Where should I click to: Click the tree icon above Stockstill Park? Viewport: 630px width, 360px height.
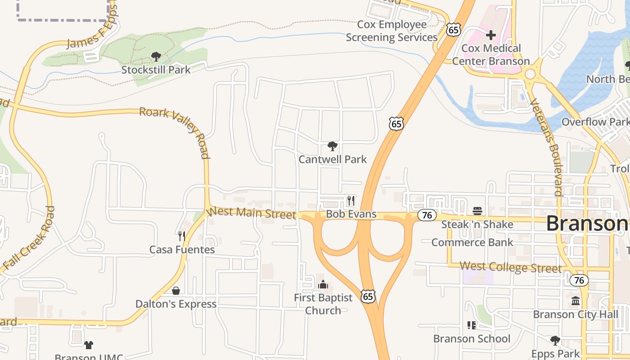(156, 57)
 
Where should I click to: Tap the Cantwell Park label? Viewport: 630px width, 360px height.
(333, 159)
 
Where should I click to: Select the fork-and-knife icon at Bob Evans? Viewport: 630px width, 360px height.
(351, 200)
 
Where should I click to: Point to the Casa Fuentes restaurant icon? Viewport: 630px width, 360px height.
(182, 236)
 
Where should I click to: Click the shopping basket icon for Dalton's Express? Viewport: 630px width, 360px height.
(176, 291)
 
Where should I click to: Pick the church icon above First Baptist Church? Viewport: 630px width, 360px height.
(323, 284)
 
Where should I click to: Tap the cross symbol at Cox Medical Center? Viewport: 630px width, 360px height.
(491, 35)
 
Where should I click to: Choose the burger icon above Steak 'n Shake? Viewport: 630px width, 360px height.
(477, 211)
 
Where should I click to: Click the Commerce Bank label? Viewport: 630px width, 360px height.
(472, 243)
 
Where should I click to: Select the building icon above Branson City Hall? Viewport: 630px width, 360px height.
(576, 301)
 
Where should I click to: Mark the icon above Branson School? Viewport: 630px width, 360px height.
(472, 325)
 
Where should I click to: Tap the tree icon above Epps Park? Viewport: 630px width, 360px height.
(555, 340)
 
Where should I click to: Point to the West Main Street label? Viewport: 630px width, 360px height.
(251, 212)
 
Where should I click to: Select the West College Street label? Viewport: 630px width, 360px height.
(511, 267)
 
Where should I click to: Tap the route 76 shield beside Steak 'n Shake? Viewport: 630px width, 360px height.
(427, 215)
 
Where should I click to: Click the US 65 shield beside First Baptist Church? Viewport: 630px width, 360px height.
(368, 296)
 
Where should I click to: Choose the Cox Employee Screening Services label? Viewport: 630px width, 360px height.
(392, 31)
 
